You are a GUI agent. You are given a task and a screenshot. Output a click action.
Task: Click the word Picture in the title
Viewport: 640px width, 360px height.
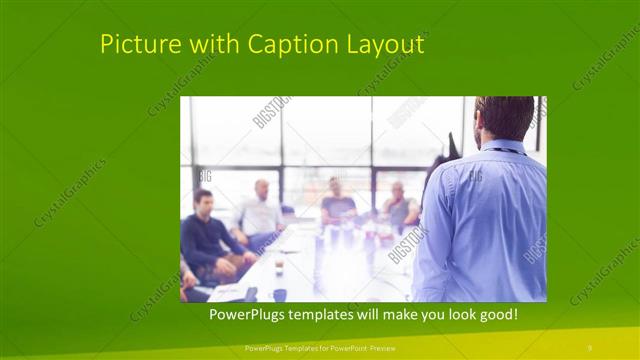click(137, 45)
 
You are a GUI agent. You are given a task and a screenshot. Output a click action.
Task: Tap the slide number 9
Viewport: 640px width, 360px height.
click(589, 347)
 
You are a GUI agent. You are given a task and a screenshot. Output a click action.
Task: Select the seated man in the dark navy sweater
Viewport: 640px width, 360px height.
click(206, 234)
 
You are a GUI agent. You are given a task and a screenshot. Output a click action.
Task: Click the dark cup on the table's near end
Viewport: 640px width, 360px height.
click(280, 294)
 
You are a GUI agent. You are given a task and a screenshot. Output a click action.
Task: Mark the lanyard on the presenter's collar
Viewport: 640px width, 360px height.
click(507, 151)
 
